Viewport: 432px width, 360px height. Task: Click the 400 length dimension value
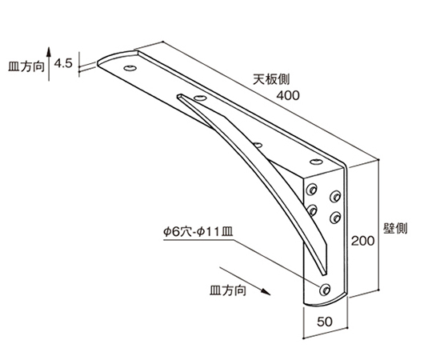(288, 95)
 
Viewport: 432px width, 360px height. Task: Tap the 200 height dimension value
(363, 241)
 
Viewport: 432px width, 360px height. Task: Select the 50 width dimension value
(325, 322)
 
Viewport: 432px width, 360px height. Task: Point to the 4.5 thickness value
(63, 64)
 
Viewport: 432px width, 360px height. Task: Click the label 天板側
(271, 80)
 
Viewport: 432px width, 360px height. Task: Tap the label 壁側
(395, 228)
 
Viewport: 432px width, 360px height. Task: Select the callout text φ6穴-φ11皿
(198, 232)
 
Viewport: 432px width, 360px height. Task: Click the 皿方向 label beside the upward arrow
(26, 66)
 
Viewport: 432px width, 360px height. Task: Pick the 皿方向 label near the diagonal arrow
(227, 290)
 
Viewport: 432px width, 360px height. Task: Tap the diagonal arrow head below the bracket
(266, 292)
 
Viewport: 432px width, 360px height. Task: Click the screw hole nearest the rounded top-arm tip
(130, 68)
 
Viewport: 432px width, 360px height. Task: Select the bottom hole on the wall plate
(325, 290)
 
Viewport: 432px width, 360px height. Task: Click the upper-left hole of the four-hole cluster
(312, 190)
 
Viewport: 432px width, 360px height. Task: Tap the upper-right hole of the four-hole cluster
(335, 196)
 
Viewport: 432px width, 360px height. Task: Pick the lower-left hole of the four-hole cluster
(312, 210)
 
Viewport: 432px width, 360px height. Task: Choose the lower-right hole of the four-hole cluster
(335, 218)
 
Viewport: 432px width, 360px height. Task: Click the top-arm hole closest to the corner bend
(316, 162)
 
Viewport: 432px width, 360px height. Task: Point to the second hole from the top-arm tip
(200, 98)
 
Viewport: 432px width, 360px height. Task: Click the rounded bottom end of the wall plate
(325, 302)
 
